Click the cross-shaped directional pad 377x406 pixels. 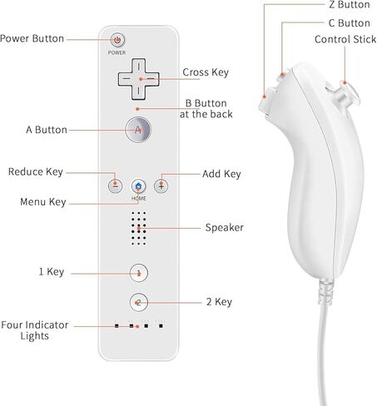pyautogui.click(x=139, y=79)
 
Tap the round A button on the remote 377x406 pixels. pyautogui.click(x=138, y=130)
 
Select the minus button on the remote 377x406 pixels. pyautogui.click(x=115, y=186)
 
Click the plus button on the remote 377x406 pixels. pyautogui.click(x=161, y=186)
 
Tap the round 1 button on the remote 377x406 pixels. pyautogui.click(x=139, y=273)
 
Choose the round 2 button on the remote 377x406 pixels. pyautogui.click(x=139, y=302)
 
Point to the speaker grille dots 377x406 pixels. pyautogui.click(x=139, y=228)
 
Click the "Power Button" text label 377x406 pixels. pyautogui.click(x=32, y=38)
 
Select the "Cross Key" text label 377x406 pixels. pyautogui.click(x=206, y=72)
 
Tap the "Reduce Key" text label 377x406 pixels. pyautogui.click(x=36, y=172)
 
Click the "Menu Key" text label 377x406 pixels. pyautogui.click(x=43, y=202)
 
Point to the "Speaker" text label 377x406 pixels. pyautogui.click(x=225, y=228)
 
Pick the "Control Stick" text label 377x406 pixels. pyautogui.click(x=345, y=39)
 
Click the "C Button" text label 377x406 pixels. pyautogui.click(x=350, y=23)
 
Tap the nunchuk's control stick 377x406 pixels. pyautogui.click(x=348, y=93)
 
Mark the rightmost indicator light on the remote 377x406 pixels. pyautogui.click(x=161, y=326)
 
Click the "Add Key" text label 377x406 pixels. pyautogui.click(x=221, y=174)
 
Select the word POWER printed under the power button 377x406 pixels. pyautogui.click(x=117, y=52)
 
